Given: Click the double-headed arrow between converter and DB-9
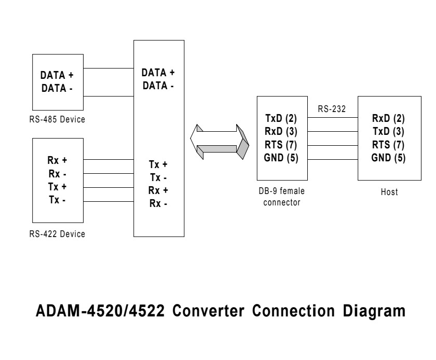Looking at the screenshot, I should (221, 142).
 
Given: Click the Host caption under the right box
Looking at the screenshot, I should (389, 192).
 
